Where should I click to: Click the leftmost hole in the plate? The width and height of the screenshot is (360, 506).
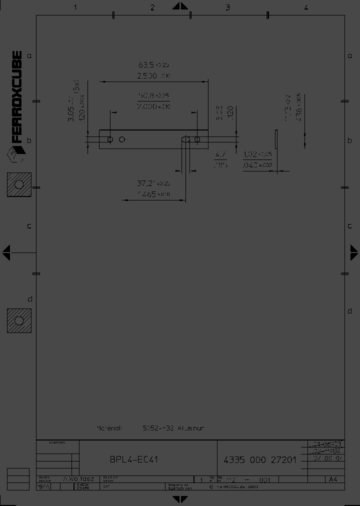[110, 139]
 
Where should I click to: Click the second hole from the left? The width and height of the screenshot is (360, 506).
[122, 139]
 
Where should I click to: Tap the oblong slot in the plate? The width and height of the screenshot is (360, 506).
[185, 139]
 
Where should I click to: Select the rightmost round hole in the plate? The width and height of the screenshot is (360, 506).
[197, 139]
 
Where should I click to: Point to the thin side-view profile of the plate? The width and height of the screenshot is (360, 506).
[275, 139]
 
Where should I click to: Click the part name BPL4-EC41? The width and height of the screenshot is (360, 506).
[133, 459]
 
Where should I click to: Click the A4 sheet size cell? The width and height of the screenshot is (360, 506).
[332, 479]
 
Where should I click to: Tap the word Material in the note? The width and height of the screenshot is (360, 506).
[109, 428]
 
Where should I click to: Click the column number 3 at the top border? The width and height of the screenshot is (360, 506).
[227, 7]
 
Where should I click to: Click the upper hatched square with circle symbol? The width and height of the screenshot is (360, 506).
[19, 184]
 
